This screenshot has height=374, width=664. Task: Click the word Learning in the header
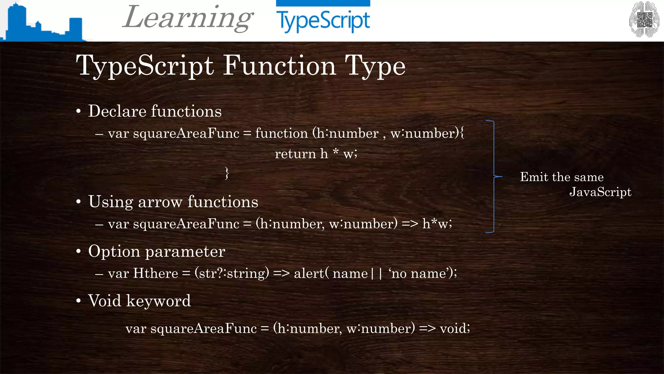pos(188,18)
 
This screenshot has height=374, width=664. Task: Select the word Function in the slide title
pos(279,66)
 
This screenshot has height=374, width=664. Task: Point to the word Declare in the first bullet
pos(117,111)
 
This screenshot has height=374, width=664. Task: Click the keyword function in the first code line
pos(281,133)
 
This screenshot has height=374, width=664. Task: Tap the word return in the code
pos(295,154)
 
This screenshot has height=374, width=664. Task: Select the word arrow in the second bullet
pos(160,202)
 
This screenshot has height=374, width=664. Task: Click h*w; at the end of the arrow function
pos(437,224)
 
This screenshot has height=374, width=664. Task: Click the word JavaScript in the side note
pos(600,192)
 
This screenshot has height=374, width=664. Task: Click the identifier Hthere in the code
pos(156,273)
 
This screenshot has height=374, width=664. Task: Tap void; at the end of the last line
pos(455,329)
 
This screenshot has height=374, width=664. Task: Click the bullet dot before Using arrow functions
pos(78,202)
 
